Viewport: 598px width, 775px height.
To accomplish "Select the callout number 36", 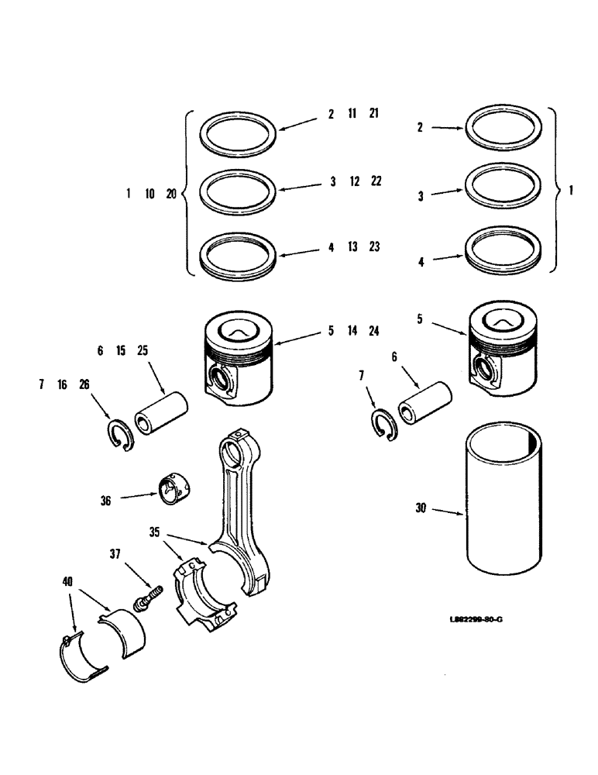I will pyautogui.click(x=105, y=501).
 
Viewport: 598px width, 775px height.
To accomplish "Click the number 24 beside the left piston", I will pyautogui.click(x=373, y=331).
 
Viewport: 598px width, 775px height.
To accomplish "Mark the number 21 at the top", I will pyautogui.click(x=373, y=114).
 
